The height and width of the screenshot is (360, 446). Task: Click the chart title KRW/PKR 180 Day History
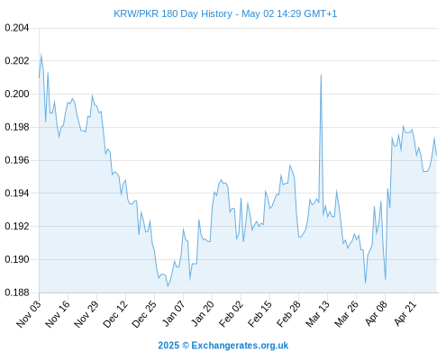point(173,13)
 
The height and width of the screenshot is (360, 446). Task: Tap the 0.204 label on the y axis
point(17,28)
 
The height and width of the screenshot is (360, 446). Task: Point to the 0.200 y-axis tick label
point(17,94)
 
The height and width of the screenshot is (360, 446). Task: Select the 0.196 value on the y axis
point(17,160)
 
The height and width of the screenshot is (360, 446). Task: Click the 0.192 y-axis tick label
point(17,226)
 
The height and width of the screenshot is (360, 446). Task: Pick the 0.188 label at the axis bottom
point(17,292)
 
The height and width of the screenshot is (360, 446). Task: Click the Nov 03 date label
point(28,314)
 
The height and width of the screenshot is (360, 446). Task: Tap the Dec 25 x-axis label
point(144,314)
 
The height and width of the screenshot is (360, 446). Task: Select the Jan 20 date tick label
point(202,314)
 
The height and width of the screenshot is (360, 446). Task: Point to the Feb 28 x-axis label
point(288,314)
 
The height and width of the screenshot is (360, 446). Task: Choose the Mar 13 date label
point(317,314)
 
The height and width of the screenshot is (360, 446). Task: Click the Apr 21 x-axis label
point(405,313)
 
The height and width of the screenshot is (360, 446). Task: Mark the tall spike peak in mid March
point(321,75)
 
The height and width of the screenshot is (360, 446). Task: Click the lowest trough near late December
point(168,286)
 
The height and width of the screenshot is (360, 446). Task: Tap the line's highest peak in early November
point(41,54)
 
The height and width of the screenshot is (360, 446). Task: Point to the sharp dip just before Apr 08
point(386,279)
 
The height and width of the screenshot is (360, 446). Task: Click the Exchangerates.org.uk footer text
point(240,346)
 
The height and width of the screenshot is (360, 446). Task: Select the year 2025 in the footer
point(168,346)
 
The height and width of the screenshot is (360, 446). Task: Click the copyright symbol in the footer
point(186,346)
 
